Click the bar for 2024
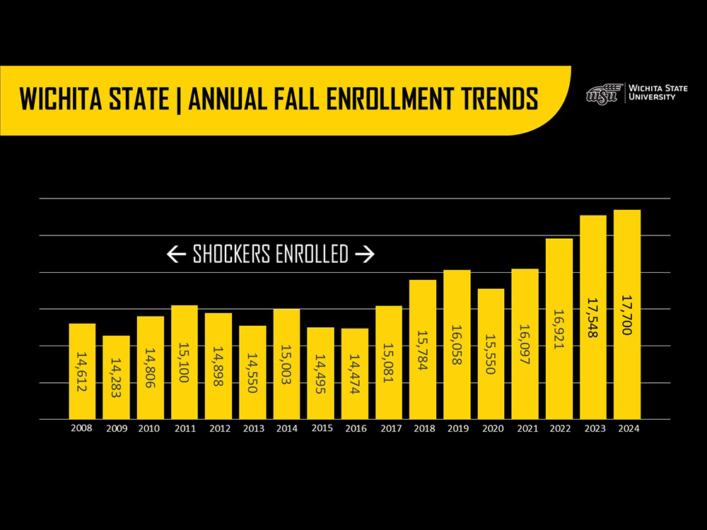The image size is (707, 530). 627,314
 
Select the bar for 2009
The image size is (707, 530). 116,377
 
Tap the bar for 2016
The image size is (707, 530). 354,374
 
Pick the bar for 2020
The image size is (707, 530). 491,354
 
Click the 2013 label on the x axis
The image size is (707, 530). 252,429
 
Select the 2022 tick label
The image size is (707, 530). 559,429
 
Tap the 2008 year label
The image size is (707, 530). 82,429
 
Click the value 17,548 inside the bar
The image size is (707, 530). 593,317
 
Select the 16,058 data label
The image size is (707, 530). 457,345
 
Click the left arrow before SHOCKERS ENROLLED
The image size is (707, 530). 177,254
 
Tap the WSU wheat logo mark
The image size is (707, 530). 602,94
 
